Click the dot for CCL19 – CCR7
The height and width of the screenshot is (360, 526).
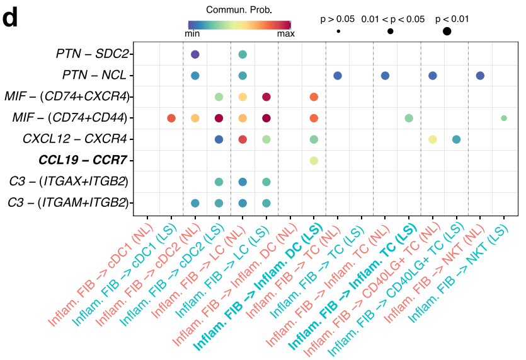pos(314,161)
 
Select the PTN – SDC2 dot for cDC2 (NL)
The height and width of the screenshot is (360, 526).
pos(195,55)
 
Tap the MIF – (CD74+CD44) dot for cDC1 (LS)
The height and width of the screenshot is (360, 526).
pos(171,118)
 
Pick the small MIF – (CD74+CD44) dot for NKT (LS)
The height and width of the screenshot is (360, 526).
pos(503,118)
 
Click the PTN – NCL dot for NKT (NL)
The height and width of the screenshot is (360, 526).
pos(480,76)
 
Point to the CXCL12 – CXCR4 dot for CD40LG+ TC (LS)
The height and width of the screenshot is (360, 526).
pos(456,139)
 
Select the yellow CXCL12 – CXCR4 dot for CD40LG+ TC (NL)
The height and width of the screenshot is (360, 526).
pos(433,139)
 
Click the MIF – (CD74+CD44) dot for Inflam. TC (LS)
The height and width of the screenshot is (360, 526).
pos(409,118)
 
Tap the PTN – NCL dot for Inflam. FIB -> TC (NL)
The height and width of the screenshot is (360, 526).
pos(338,76)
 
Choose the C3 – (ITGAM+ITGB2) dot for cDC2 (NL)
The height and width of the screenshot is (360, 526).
pos(195,203)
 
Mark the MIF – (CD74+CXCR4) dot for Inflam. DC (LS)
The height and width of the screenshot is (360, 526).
pos(314,97)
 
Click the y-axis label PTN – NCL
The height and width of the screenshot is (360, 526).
pos(94,76)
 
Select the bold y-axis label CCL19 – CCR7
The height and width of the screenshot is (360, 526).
pos(84,161)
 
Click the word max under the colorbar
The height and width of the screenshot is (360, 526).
pos(286,34)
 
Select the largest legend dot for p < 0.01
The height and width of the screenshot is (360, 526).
pos(447,32)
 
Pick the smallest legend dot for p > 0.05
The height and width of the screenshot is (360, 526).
pos(338,32)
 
